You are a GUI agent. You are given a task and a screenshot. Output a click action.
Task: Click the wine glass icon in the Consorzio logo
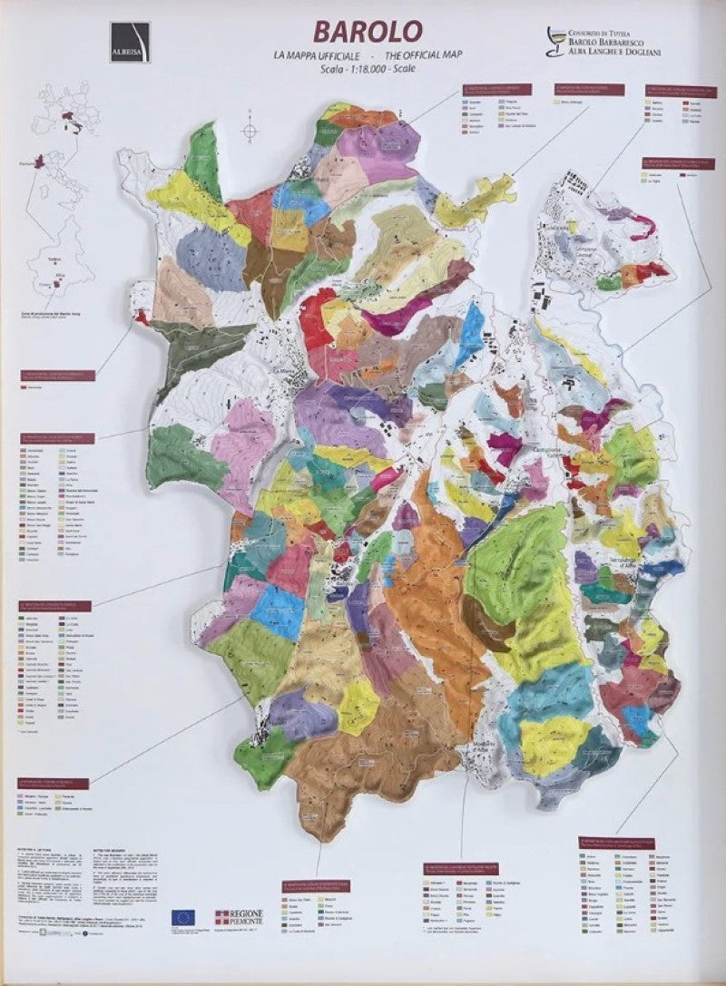(553, 41)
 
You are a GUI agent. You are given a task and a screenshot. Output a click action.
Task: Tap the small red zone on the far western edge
(142, 317)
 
